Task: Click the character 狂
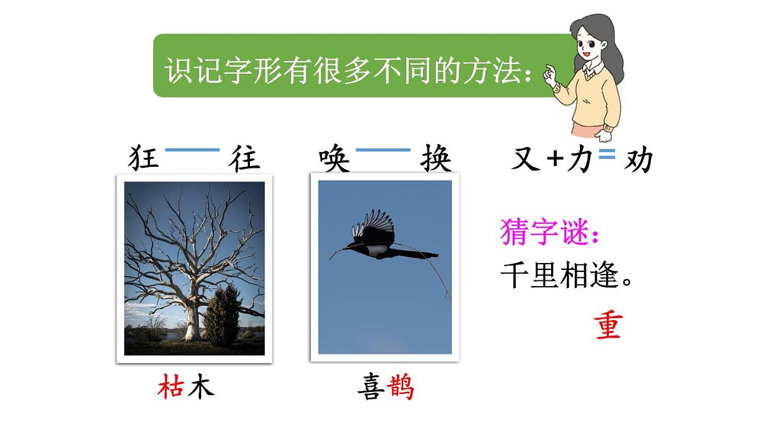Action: pos(144,158)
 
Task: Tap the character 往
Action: pos(245,158)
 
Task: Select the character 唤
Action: pos(335,158)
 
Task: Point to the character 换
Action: pos(436,158)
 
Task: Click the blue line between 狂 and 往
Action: pos(192,150)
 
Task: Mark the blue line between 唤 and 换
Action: pos(383,150)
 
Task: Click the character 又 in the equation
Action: pos(526,158)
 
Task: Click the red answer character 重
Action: pos(608,326)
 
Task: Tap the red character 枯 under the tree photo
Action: pos(170,387)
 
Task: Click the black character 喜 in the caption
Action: pos(372,387)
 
